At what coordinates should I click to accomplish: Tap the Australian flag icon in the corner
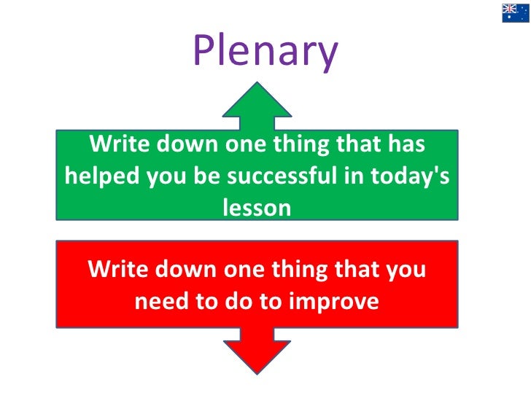(x=515, y=12)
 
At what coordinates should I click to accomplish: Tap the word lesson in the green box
(x=256, y=207)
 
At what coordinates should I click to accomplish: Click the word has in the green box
(x=406, y=146)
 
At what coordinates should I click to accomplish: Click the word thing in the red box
(x=302, y=270)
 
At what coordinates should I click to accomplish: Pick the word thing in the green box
(x=302, y=146)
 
